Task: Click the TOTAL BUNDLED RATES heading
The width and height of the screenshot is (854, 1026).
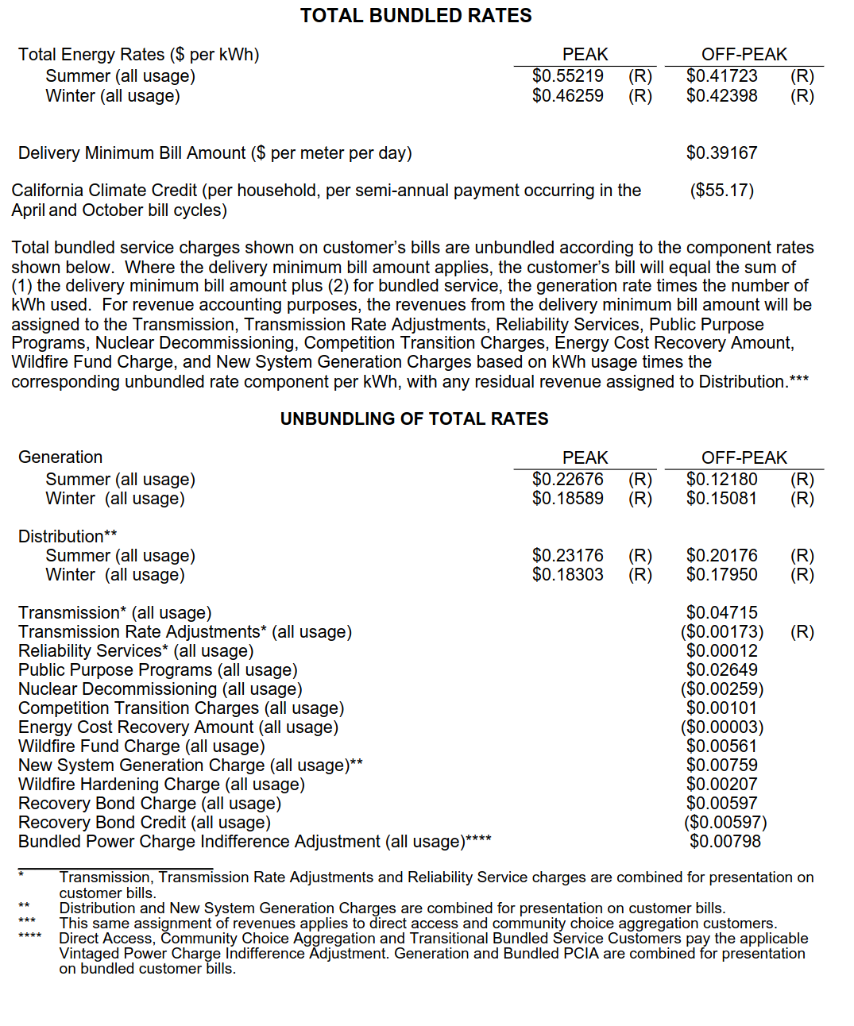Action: [x=415, y=16]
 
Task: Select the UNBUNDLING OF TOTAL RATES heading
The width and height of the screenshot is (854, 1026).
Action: [x=414, y=419]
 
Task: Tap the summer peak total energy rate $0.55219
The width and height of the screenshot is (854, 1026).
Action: [x=567, y=76]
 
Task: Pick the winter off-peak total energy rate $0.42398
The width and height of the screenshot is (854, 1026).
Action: [x=721, y=96]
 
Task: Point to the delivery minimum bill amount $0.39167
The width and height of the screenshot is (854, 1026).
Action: [x=721, y=153]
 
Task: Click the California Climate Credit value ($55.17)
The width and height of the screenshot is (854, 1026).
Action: [x=721, y=191]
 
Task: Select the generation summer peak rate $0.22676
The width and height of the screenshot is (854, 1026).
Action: [x=567, y=480]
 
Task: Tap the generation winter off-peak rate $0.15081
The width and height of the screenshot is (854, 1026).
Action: [x=721, y=499]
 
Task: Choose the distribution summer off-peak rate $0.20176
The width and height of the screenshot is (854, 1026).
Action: [x=721, y=556]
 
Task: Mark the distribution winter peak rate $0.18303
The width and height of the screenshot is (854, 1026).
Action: [x=567, y=575]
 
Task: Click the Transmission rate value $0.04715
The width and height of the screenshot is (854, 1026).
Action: [x=721, y=613]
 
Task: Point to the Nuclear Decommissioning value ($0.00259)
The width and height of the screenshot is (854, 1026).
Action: [x=721, y=689]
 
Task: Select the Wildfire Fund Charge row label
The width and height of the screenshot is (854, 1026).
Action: [x=141, y=746]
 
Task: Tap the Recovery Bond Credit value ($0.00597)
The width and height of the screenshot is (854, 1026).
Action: [x=725, y=823]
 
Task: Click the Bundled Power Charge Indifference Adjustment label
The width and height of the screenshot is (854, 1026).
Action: [x=254, y=842]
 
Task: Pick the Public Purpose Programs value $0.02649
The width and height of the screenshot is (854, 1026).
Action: [x=721, y=670]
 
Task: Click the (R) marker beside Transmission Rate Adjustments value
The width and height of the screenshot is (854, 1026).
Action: [x=802, y=632]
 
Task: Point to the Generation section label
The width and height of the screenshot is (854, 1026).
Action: [x=60, y=457]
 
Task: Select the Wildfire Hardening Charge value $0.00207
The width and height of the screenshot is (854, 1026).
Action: [x=721, y=785]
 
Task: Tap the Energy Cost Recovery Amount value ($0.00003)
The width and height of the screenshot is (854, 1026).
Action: [x=721, y=727]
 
